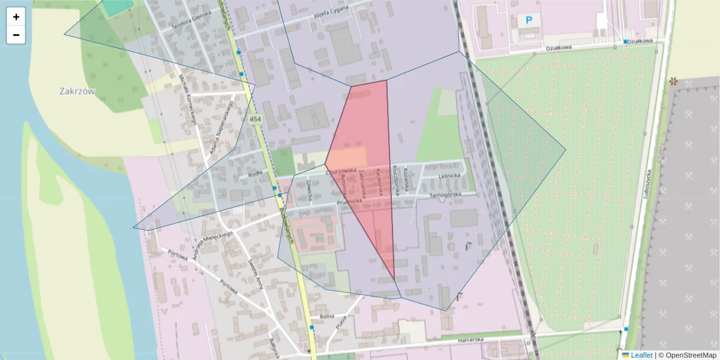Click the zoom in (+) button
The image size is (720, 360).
point(16,17)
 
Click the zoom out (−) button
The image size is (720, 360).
point(16,35)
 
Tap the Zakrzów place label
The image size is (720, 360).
point(78,91)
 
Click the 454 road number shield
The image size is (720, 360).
point(256,119)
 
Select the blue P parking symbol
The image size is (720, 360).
point(529,20)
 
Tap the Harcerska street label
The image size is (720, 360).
point(470,340)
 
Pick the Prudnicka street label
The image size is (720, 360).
point(349,203)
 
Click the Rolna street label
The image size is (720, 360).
point(326,316)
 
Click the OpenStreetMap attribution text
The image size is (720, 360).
point(692,355)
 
